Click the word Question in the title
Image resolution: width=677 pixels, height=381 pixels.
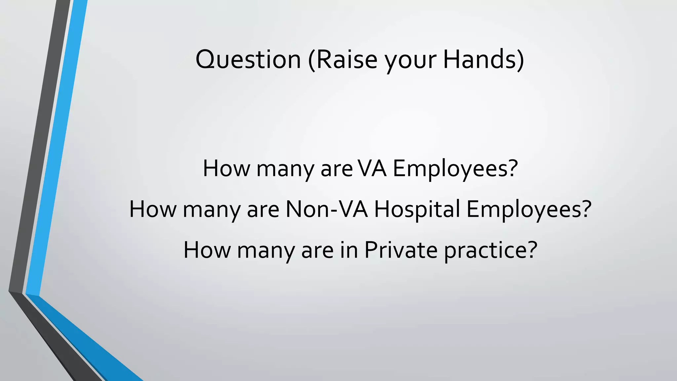tap(248, 60)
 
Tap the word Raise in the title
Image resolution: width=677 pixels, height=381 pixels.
tap(346, 60)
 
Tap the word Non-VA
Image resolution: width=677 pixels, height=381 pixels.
tap(327, 209)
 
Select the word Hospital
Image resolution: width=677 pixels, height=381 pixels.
tap(417, 210)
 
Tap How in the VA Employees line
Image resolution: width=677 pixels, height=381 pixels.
tap(226, 168)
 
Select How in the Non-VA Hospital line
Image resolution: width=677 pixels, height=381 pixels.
tap(153, 209)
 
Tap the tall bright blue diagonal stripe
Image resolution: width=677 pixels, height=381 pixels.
tap(56, 149)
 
